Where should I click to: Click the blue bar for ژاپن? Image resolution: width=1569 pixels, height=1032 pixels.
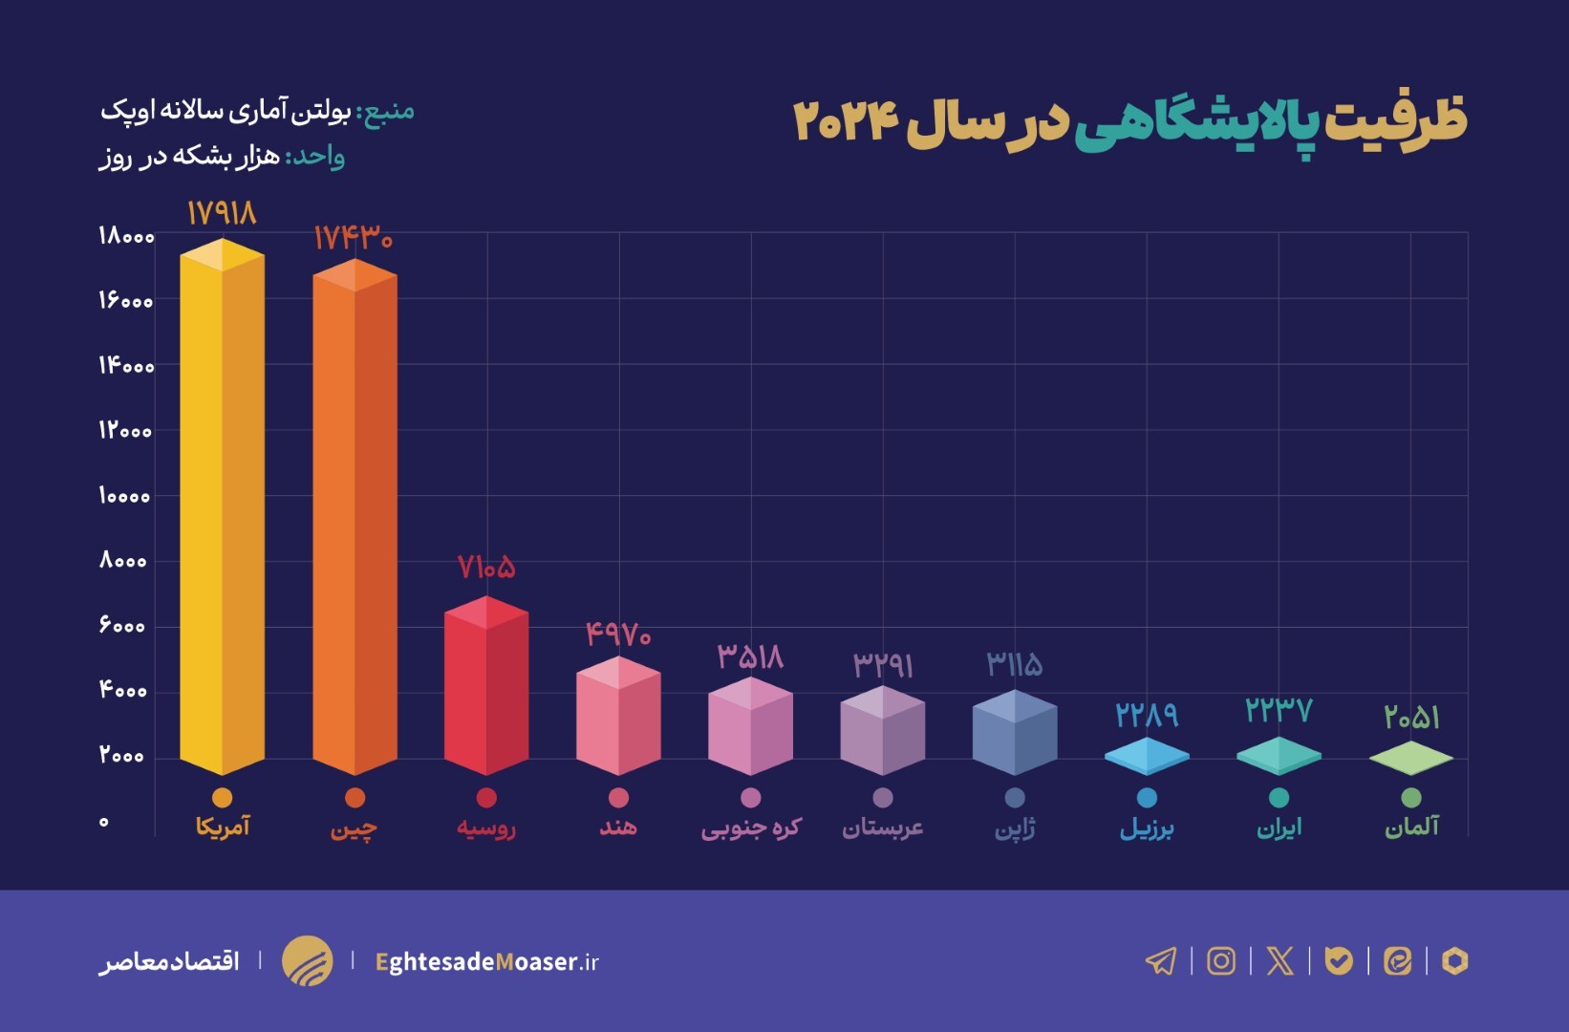tap(1015, 733)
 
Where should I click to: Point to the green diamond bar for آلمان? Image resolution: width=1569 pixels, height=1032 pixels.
tap(1410, 759)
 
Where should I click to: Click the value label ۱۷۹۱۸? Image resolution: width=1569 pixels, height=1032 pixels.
tap(222, 213)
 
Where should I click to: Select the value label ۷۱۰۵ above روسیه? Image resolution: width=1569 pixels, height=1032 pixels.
tap(486, 568)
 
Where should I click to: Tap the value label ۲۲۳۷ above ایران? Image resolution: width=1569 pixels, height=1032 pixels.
tap(1279, 711)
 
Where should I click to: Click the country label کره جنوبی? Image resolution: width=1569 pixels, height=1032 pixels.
tap(751, 828)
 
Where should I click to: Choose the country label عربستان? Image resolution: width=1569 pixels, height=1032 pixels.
tap(883, 828)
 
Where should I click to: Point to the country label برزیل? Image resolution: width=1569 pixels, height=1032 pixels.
tap(1147, 828)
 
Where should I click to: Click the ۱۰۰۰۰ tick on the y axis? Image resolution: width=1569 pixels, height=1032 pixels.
tap(124, 496)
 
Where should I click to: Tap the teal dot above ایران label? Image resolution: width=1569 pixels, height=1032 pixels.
tap(1279, 798)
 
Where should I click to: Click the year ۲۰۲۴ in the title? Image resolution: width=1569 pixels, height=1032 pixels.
tap(847, 121)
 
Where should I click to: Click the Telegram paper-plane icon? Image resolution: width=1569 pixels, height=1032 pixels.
tap(1161, 960)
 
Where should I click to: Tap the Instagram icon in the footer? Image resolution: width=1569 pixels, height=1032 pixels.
tap(1221, 960)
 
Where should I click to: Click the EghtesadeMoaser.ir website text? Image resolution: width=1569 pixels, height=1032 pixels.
tap(487, 961)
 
